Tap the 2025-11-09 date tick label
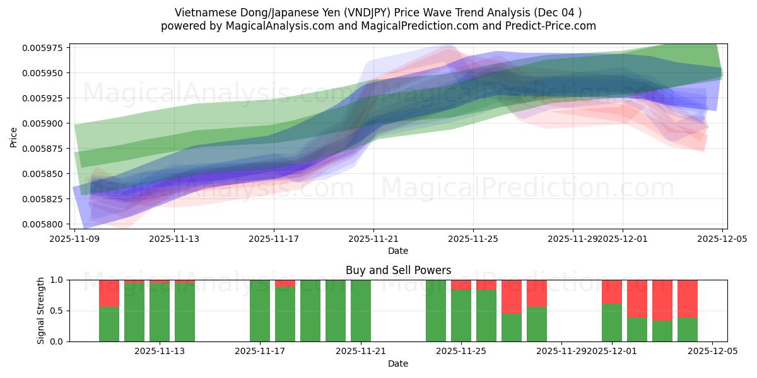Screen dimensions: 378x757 75,239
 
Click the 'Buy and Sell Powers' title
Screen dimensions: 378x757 398,270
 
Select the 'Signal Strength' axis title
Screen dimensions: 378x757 41,311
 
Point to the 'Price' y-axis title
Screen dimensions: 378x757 14,136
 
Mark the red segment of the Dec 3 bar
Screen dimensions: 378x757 662,300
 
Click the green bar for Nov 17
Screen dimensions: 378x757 260,311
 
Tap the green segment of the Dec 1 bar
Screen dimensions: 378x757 612,323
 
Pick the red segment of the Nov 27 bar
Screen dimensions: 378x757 512,296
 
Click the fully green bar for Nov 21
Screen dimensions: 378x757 361,311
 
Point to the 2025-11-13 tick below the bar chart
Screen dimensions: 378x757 160,352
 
